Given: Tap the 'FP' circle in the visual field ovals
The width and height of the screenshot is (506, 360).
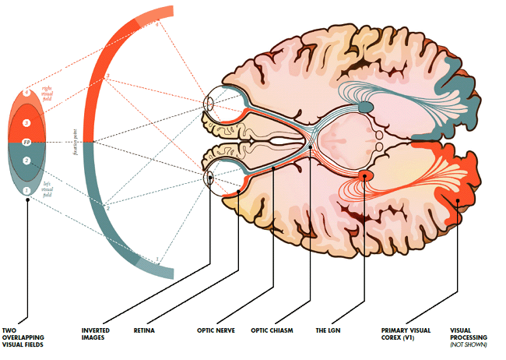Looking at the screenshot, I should click(x=26, y=143).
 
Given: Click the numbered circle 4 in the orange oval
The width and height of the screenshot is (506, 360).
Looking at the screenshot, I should click(x=26, y=94).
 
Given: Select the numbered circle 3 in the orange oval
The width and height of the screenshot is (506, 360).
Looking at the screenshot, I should click(x=26, y=123).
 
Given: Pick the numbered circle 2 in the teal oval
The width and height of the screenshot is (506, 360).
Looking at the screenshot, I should click(x=26, y=161).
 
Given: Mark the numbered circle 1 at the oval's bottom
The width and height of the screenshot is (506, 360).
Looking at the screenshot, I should click(x=26, y=190).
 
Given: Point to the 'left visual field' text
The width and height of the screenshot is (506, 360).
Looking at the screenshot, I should click(x=46, y=187).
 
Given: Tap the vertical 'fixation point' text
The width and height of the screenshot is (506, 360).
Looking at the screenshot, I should click(x=76, y=143).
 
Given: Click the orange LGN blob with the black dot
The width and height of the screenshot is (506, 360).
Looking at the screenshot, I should click(x=364, y=176).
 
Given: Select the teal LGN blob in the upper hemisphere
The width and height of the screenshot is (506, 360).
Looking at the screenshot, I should click(x=364, y=105).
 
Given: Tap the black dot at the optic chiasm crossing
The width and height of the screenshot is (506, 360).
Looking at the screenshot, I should click(x=309, y=142).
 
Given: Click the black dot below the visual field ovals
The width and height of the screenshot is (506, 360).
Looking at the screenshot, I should click(x=27, y=199).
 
